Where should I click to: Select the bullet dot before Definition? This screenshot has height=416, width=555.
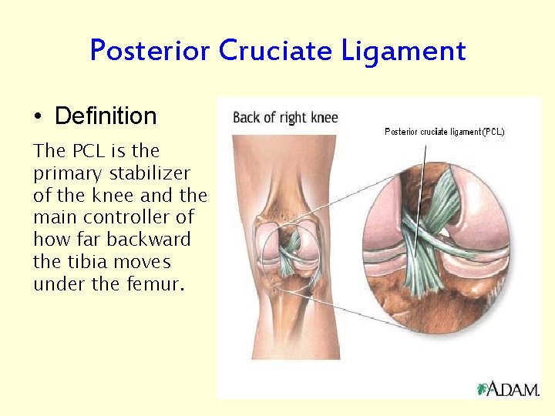38,118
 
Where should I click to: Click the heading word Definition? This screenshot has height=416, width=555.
106,116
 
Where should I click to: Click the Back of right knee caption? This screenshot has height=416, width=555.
285,118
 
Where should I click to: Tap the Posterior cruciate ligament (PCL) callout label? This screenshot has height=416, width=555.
445,132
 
